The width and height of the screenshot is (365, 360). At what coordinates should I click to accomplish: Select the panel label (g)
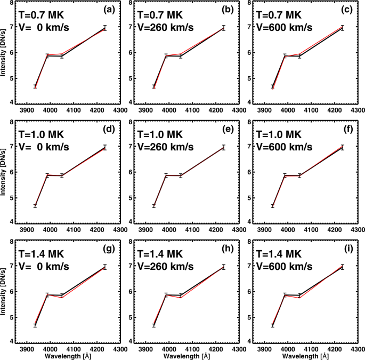tap(103, 249)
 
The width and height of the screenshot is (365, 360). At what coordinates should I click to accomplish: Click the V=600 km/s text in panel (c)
tap(283, 27)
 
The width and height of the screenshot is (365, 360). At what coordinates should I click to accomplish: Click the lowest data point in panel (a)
tap(35, 86)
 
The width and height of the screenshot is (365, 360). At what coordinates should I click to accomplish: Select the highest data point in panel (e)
tap(224, 147)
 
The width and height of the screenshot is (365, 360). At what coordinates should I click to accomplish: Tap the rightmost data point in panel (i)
tap(343, 266)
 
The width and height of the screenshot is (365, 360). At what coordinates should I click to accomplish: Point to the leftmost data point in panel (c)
tap(273, 87)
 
